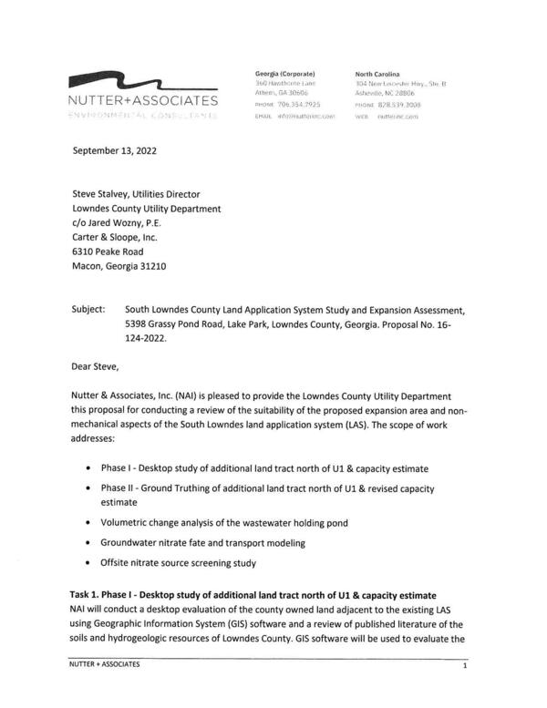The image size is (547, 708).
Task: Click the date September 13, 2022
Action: click(114, 151)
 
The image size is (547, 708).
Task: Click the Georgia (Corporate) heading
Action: click(284, 72)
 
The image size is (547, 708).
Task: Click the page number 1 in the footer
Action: click(464, 666)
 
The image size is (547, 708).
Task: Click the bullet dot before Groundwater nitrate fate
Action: click(88, 543)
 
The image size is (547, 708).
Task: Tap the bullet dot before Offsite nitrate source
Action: click(88, 563)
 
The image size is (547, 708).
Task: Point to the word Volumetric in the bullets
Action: click(128, 523)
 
